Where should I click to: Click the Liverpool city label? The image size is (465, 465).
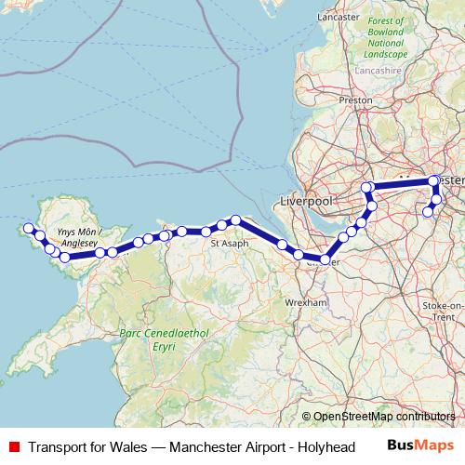point(306,201)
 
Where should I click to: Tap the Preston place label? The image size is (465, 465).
point(356,100)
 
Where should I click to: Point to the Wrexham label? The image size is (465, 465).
point(306,302)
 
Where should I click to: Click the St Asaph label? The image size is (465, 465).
point(229,243)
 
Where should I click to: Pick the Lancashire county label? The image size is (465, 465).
point(379,69)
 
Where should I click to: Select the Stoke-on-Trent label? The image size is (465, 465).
point(443,311)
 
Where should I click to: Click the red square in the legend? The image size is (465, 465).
point(14,446)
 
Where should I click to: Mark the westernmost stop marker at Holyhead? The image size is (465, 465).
point(29,228)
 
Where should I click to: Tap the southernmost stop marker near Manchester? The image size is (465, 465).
point(429,212)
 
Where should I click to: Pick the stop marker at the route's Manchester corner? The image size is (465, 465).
point(433,181)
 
